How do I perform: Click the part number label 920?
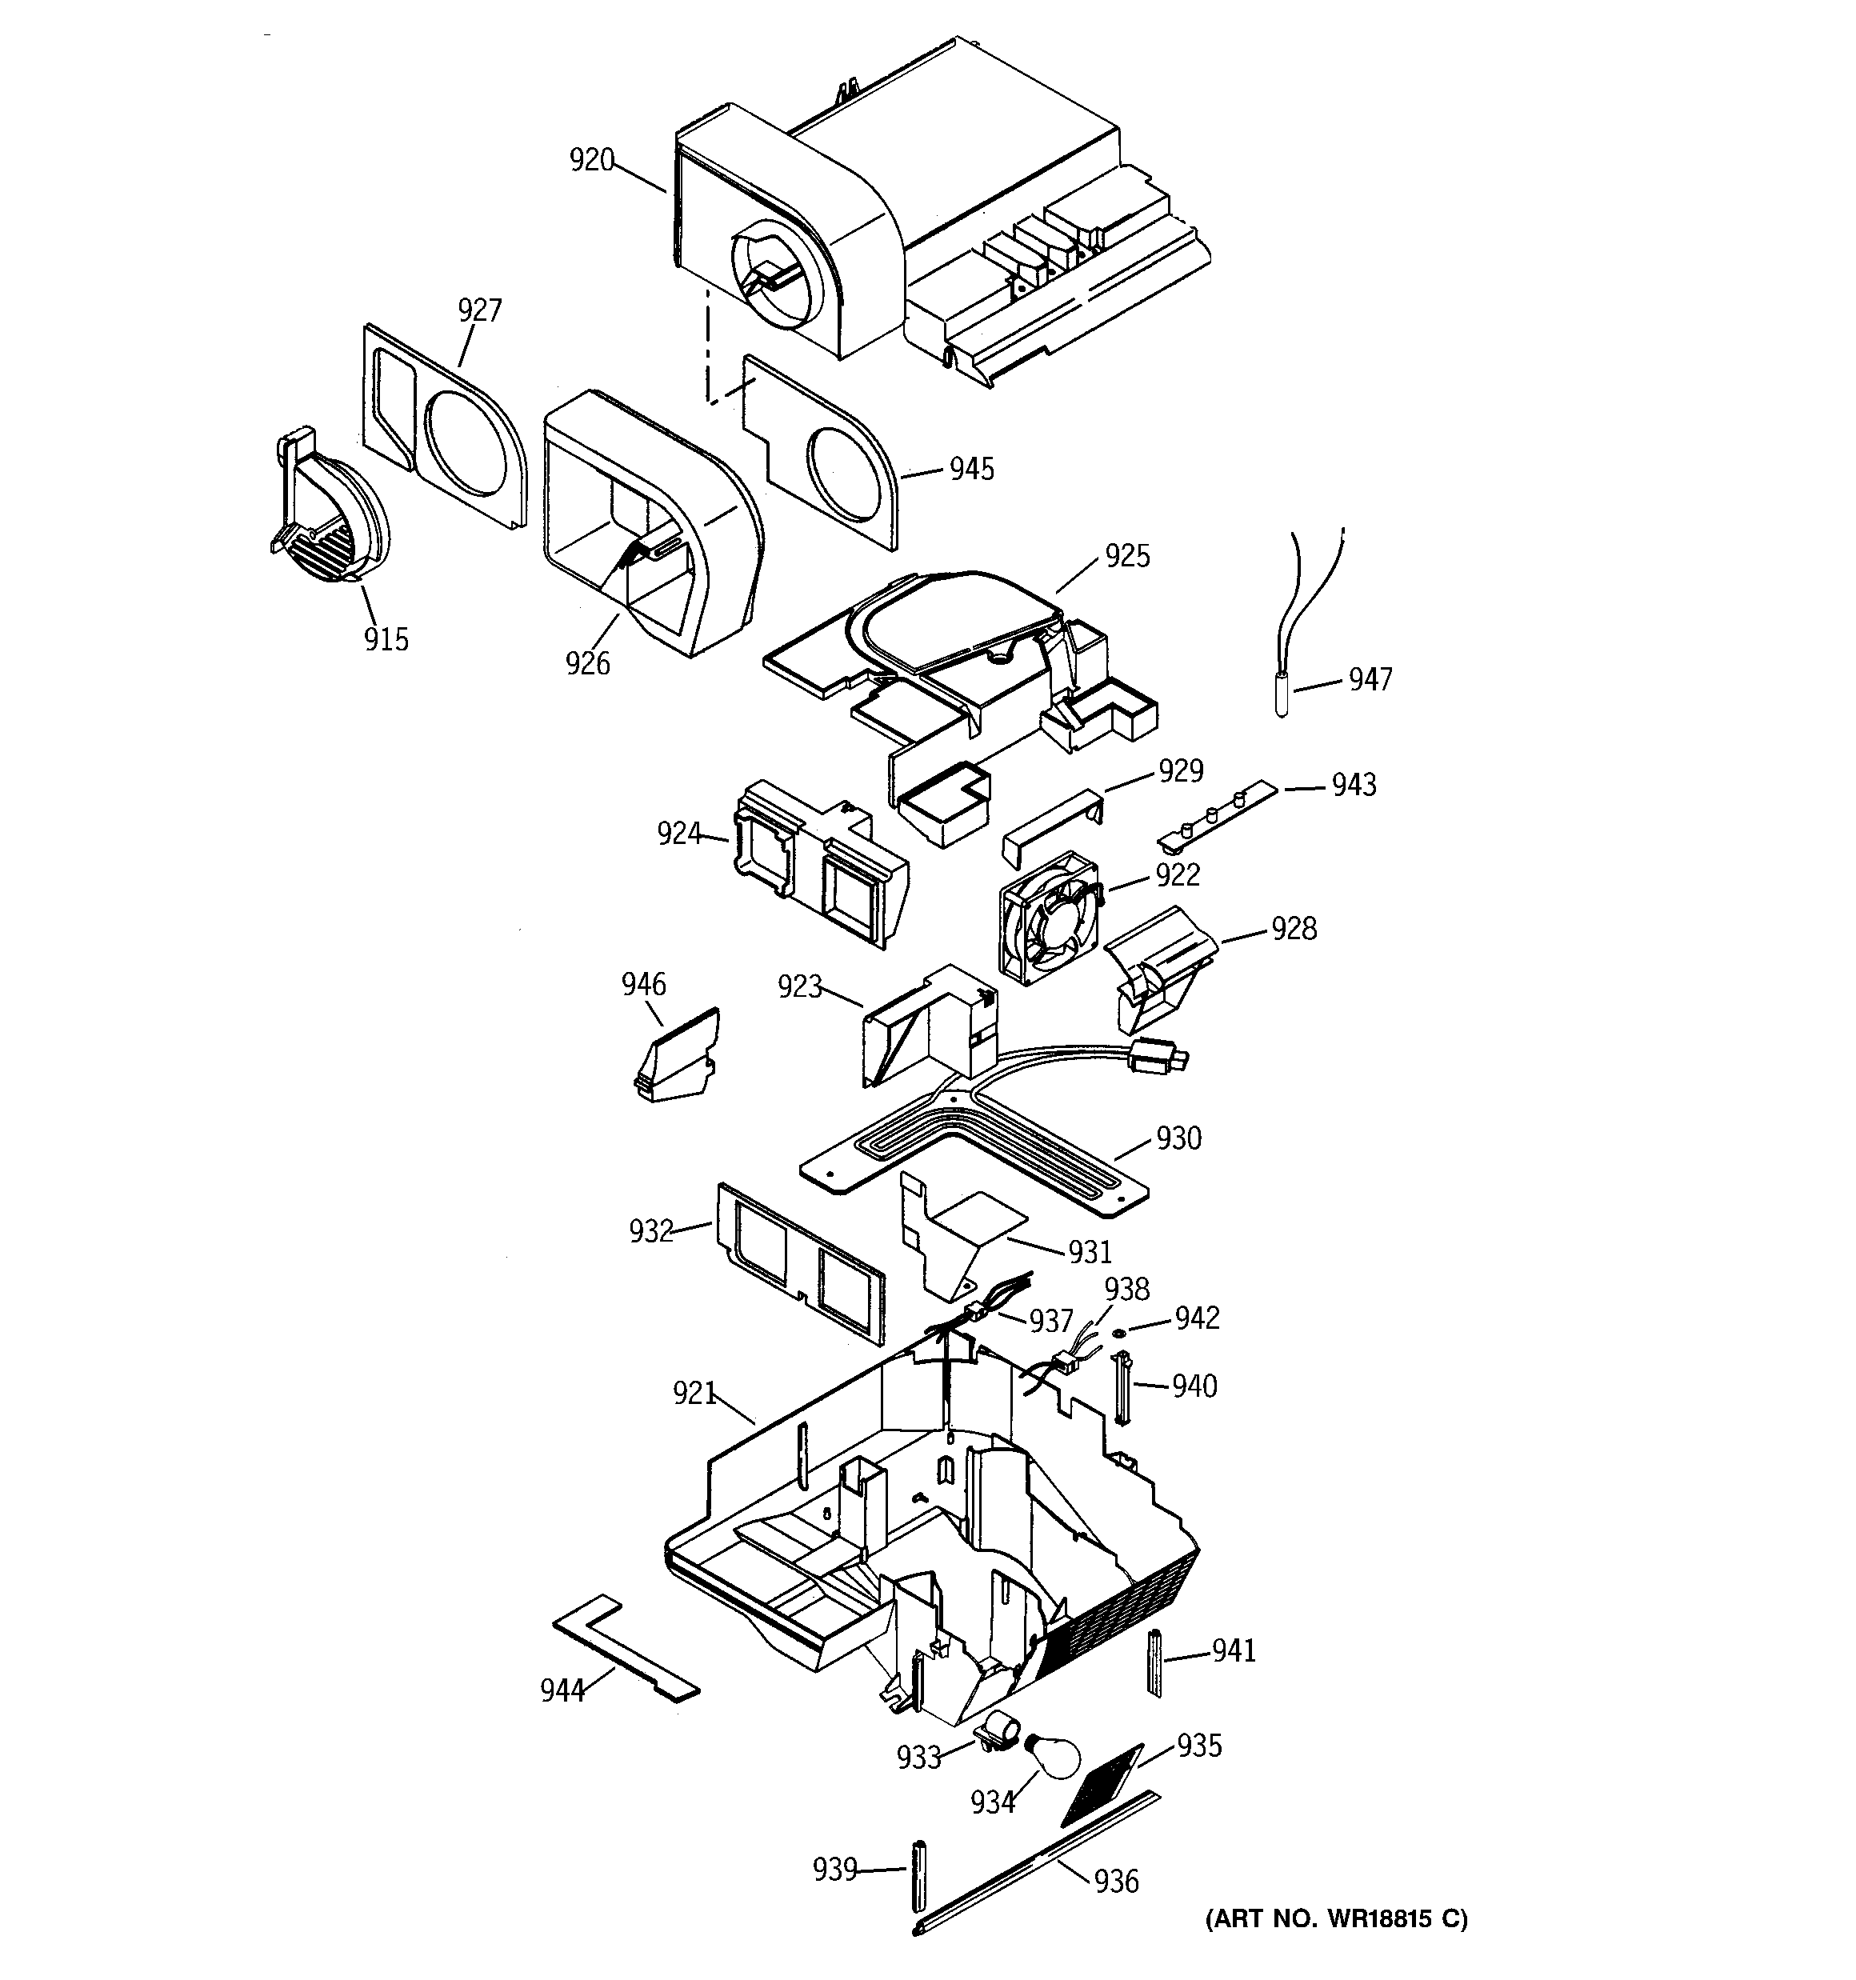click(592, 160)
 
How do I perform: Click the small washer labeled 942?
click(1118, 1334)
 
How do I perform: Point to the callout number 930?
click(1178, 1138)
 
